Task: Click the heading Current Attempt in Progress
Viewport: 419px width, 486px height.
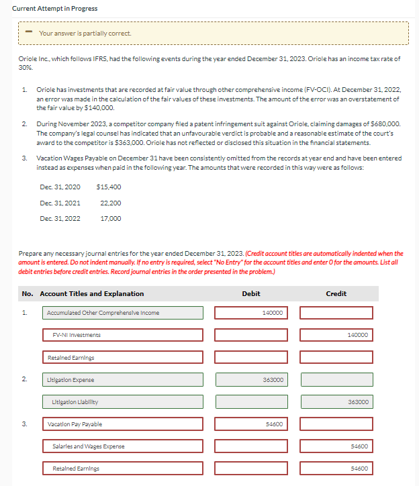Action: click(x=54, y=8)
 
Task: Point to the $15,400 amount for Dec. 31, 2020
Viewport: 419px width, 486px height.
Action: click(x=109, y=187)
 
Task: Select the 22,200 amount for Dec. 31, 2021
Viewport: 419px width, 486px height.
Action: click(x=110, y=203)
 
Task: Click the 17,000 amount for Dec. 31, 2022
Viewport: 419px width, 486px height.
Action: click(x=110, y=218)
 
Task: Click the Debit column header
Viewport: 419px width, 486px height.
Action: click(x=250, y=293)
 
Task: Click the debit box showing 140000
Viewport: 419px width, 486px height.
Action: click(x=250, y=313)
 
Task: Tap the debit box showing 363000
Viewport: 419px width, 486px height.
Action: click(x=250, y=380)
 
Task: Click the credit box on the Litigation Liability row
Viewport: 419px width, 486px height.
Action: click(x=335, y=402)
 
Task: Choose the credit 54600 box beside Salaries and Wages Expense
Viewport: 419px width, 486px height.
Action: click(x=335, y=446)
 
